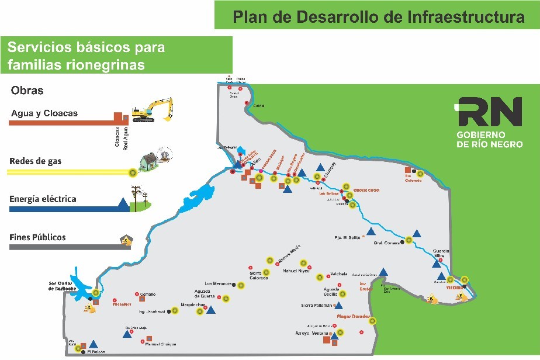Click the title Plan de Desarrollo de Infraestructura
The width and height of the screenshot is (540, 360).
[x=379, y=16]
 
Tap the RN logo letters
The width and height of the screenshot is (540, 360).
[x=489, y=112]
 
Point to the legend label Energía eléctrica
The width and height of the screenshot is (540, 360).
[x=43, y=199]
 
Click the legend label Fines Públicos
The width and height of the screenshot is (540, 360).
[x=37, y=237]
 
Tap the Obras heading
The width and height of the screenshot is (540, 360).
[x=27, y=91]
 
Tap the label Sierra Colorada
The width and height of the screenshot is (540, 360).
[x=259, y=275]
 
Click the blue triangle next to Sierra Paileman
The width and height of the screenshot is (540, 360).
[x=338, y=305]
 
